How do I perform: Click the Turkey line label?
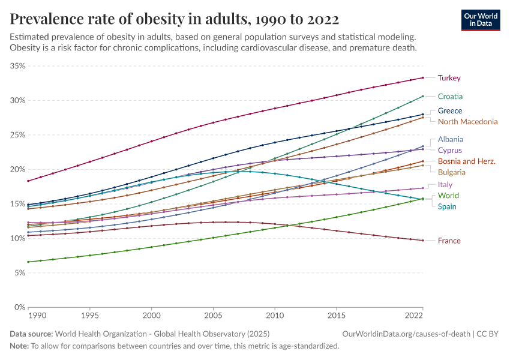point(449,78)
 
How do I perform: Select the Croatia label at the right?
point(450,96)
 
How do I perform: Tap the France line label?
point(449,241)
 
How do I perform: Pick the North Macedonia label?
point(467,122)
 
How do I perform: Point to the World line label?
point(448,196)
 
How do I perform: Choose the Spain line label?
point(447,207)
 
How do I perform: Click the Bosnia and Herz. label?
point(466,161)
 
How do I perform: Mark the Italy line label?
point(445,185)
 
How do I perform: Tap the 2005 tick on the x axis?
point(213,315)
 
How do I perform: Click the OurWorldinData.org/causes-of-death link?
point(406,333)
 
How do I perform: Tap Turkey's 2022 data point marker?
point(423,77)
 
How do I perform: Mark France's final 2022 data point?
point(423,241)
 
